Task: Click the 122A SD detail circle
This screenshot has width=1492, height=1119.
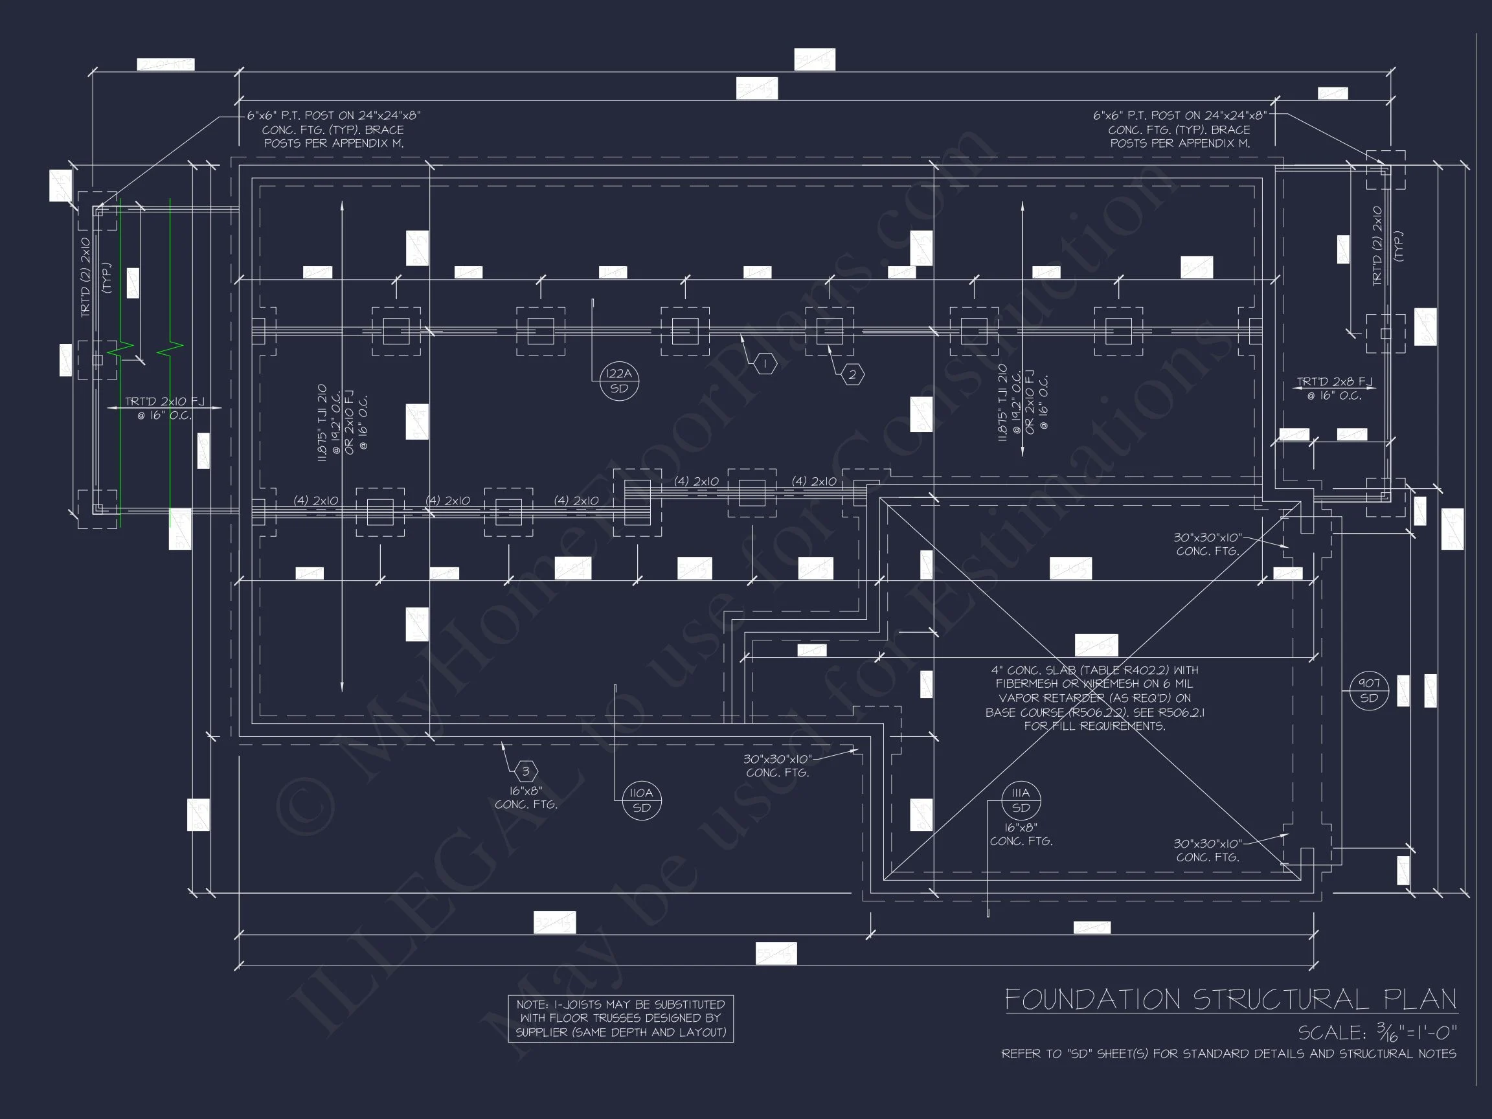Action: point(619,381)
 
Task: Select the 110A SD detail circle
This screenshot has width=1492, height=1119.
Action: point(642,800)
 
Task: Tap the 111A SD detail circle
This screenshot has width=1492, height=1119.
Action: point(1021,800)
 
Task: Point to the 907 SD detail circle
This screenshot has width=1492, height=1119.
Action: point(1368,691)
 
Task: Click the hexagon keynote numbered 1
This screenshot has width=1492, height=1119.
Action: point(765,364)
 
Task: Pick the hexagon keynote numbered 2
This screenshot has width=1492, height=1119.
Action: point(853,375)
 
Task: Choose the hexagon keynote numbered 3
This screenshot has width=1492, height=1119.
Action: point(526,771)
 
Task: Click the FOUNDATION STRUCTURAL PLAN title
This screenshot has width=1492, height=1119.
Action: point(1231,1000)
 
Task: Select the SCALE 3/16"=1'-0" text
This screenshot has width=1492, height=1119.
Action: point(1377,1032)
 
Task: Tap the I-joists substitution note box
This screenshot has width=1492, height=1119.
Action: point(620,1019)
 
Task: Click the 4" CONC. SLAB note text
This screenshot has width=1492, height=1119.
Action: point(1094,698)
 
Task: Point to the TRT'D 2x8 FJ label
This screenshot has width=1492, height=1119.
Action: point(1334,389)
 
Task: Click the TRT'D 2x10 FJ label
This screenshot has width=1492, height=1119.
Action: point(164,408)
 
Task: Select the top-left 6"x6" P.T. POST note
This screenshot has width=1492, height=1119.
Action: point(334,130)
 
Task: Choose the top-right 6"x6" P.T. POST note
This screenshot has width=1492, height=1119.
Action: point(1180,130)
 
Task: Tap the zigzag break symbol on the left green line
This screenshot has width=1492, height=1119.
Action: point(120,349)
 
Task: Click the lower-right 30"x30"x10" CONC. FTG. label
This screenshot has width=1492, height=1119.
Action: point(1207,850)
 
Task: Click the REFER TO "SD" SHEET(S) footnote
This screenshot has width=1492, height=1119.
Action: point(1228,1054)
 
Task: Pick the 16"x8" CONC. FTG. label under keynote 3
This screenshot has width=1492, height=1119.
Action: point(526,797)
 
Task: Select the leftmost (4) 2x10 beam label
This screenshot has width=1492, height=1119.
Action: point(315,501)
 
